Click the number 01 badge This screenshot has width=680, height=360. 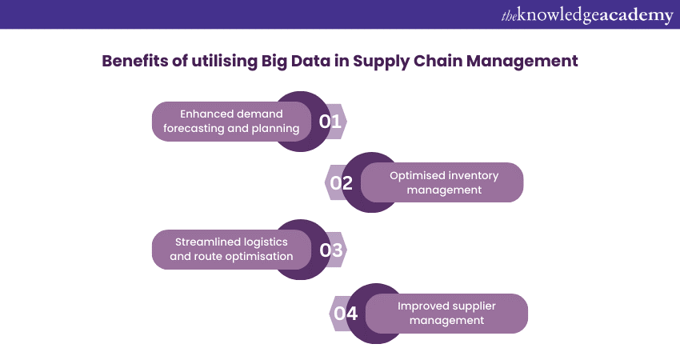tap(330, 122)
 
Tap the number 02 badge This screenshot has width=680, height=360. tap(342, 182)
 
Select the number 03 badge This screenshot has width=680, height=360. tap(330, 250)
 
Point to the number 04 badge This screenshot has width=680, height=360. tap(346, 313)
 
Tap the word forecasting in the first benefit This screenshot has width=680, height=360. tap(195, 128)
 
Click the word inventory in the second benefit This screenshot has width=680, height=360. tap(474, 175)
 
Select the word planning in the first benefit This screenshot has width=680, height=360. tap(277, 128)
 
